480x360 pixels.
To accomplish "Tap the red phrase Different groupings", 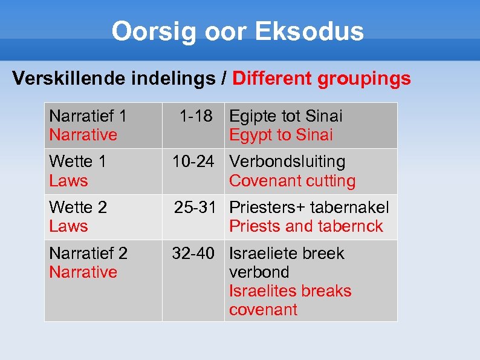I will [x=322, y=78].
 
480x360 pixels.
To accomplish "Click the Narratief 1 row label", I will [x=88, y=116].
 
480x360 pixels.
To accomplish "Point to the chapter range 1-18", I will [x=196, y=116].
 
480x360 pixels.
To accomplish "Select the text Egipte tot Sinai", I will [x=286, y=116].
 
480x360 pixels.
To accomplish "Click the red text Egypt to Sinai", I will [x=281, y=135].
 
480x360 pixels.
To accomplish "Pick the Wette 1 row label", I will [x=77, y=162].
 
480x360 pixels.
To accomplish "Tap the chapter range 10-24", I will [x=193, y=162].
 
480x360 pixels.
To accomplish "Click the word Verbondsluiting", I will [x=288, y=162].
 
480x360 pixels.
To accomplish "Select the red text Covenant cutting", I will [x=293, y=181].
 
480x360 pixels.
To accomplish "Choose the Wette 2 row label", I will [x=77, y=208].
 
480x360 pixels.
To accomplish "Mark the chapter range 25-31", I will [x=195, y=208].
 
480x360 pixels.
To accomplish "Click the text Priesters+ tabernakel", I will [x=310, y=208].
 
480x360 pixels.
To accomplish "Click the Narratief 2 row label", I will [x=88, y=253].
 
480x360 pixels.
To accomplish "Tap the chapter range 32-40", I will [x=193, y=253].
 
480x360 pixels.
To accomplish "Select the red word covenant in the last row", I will [x=263, y=310].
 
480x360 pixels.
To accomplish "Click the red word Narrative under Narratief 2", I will [x=83, y=272].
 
